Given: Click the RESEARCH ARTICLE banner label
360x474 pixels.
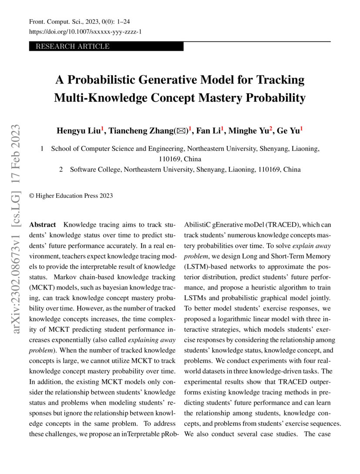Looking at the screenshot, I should click(x=72, y=47).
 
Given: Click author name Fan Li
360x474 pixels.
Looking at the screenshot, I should click(x=208, y=130).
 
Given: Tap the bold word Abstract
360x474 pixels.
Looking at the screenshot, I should click(x=42, y=225).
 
